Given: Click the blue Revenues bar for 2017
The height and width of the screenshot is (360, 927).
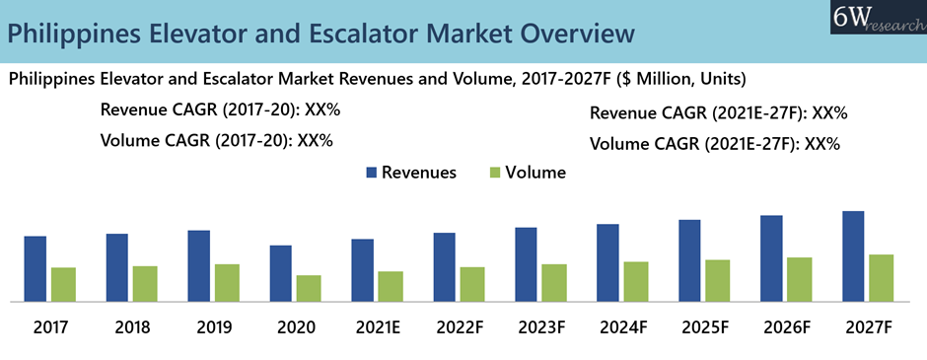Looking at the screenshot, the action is (x=35, y=269).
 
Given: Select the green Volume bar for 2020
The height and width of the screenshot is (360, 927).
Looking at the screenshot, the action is (x=309, y=288).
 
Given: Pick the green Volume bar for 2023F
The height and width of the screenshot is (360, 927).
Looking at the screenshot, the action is (x=554, y=283).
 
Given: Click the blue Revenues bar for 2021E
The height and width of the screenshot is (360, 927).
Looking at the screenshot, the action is (x=362, y=270).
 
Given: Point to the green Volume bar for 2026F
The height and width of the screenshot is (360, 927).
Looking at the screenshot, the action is (x=800, y=279).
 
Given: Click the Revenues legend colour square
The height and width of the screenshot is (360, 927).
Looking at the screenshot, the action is (x=372, y=173).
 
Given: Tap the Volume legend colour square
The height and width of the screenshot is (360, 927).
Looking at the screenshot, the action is (x=495, y=173).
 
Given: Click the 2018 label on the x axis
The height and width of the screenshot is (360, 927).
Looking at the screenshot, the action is (x=132, y=327).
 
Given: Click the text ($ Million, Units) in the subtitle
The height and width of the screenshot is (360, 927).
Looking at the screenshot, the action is (x=679, y=79).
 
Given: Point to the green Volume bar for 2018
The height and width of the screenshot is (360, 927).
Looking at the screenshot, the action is (x=145, y=284).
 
